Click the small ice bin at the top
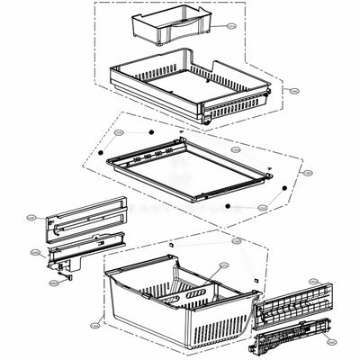pyautogui.click(x=158, y=27)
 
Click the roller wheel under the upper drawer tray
pyautogui.click(x=209, y=118)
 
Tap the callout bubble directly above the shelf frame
pyautogui.click(x=235, y=149)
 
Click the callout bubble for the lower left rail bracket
pyautogui.click(x=36, y=253)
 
